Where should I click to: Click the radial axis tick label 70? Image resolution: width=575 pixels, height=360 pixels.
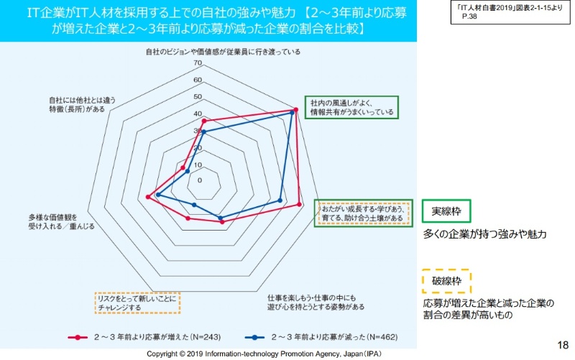(198, 63)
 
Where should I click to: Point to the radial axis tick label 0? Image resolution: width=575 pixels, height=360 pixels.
(200, 180)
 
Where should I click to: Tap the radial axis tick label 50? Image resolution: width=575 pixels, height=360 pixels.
(198, 97)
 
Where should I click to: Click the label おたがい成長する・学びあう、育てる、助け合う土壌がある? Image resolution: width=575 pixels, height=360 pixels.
(363, 212)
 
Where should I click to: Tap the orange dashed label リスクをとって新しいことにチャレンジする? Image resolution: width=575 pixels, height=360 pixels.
(136, 303)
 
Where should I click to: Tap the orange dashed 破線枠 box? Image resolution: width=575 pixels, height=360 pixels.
(446, 280)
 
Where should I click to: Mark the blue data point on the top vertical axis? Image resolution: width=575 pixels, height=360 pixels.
(203, 132)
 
